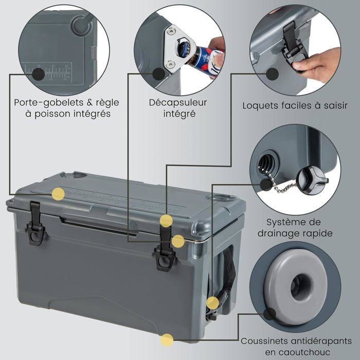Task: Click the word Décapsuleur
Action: tap(178, 102)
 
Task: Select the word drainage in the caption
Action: tap(278, 233)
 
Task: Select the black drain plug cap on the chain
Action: tap(312, 180)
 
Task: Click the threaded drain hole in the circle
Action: tap(267, 161)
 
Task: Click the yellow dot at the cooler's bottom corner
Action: tap(167, 340)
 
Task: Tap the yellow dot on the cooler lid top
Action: tap(58, 194)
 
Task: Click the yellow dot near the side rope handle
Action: tap(212, 302)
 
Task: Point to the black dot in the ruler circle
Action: tap(39, 75)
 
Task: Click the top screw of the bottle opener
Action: tap(171, 31)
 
